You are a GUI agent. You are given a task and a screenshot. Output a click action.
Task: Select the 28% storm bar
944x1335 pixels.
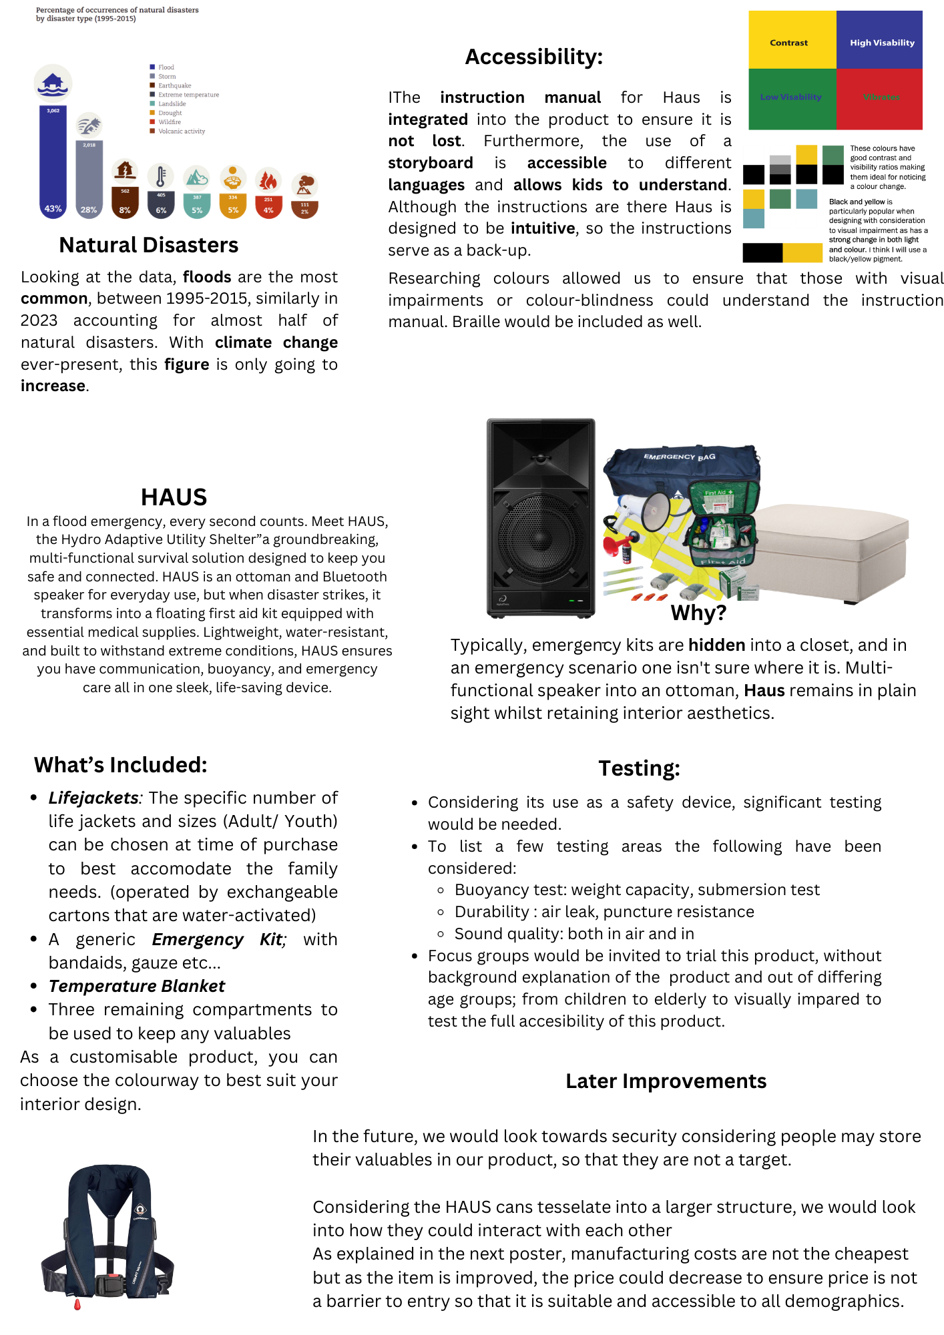(89, 177)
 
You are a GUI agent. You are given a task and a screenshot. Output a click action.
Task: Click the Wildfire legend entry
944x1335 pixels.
(170, 122)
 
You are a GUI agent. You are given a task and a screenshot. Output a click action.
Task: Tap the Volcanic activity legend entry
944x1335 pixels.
(181, 131)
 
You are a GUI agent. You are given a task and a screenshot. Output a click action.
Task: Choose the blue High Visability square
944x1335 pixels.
(880, 40)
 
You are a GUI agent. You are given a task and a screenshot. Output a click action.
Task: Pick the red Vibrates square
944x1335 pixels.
(880, 98)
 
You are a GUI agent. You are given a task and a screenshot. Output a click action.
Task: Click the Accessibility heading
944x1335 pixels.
(533, 57)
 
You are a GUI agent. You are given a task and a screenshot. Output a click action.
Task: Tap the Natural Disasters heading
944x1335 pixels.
(148, 245)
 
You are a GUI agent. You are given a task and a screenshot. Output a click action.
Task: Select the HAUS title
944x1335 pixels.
(174, 497)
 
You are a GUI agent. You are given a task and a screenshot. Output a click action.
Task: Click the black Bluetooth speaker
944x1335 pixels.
(540, 517)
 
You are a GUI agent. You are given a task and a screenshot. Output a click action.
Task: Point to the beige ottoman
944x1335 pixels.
(831, 551)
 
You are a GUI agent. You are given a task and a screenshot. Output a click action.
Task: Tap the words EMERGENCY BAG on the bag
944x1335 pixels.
(679, 457)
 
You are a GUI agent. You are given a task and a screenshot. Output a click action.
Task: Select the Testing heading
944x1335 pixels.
(639, 768)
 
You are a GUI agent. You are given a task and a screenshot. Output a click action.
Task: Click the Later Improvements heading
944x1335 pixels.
(666, 1081)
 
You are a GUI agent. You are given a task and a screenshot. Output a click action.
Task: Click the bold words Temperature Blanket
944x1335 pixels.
(137, 986)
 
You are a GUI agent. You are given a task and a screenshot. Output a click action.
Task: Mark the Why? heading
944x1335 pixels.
(698, 613)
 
